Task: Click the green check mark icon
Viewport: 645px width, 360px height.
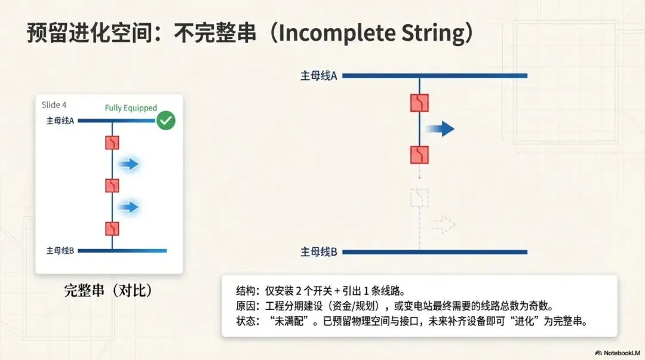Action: point(165,121)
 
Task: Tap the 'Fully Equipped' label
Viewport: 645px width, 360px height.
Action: point(131,108)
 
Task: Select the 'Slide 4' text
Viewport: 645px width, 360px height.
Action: point(54,105)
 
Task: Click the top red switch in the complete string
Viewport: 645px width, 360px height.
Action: point(112,143)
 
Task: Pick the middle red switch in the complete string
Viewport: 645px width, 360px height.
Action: point(112,185)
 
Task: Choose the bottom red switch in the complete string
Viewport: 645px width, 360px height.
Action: point(112,228)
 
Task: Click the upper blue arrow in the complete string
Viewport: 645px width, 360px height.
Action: point(128,164)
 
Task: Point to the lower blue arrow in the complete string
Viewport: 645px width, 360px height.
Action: point(128,207)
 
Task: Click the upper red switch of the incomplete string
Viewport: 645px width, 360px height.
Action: point(419,103)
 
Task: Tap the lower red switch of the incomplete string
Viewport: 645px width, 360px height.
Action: point(419,155)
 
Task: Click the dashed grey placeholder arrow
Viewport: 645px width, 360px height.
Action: point(443,224)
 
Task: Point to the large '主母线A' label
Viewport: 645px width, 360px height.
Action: point(319,76)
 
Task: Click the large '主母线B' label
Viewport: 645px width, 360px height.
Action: point(319,252)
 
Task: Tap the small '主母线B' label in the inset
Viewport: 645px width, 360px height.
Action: point(60,250)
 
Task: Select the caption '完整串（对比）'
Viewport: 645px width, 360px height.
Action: point(109,291)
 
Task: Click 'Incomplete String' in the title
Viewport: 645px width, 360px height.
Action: point(371,33)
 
